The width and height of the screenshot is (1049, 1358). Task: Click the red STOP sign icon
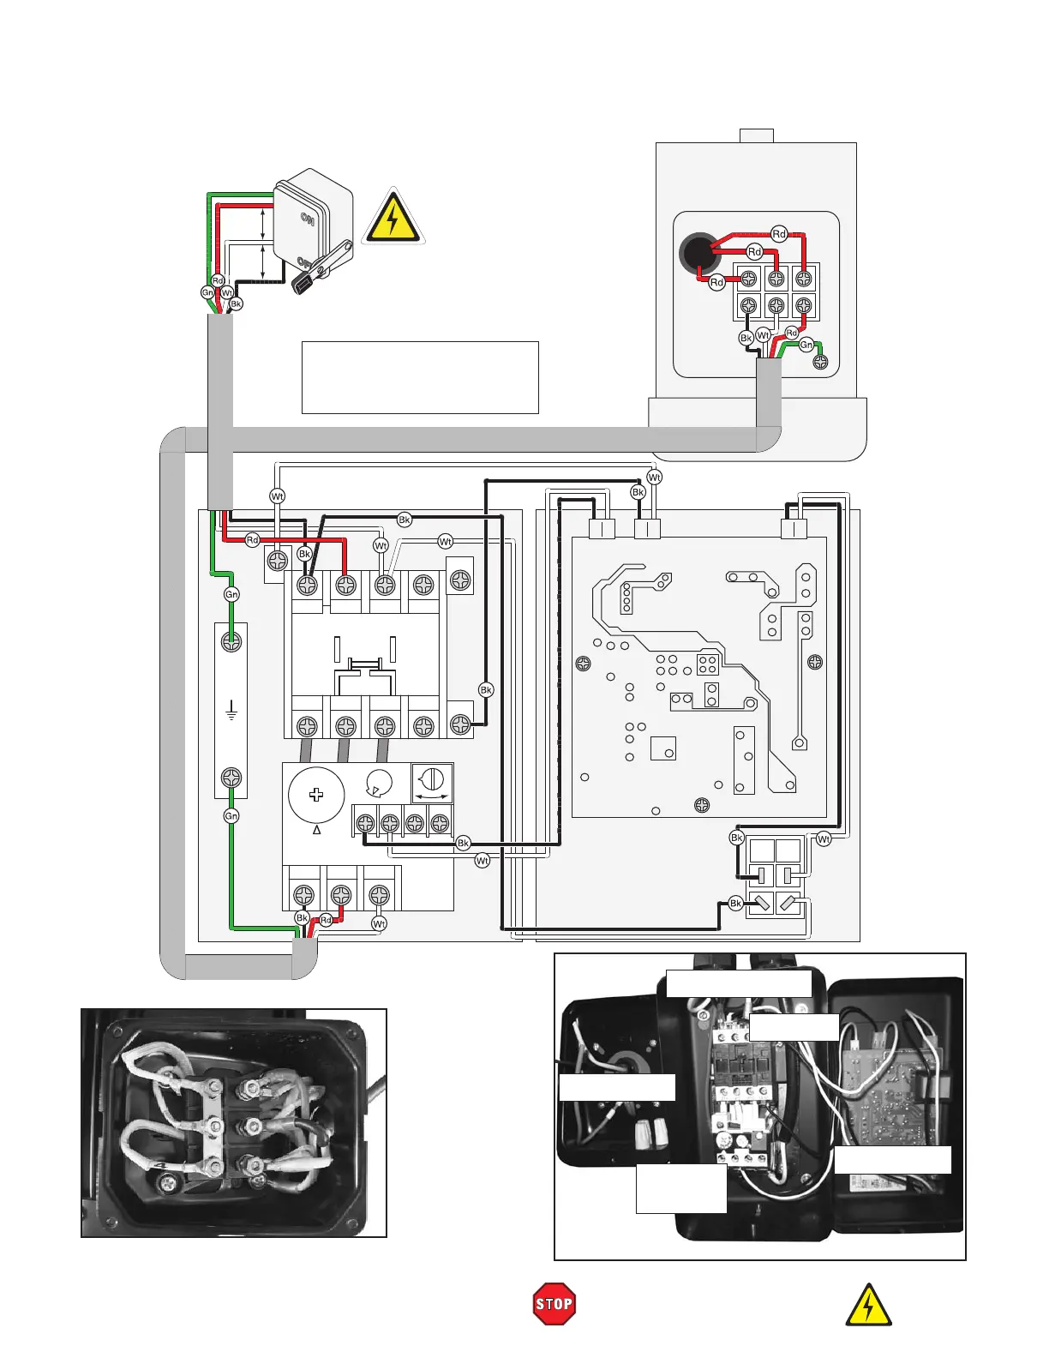(554, 1304)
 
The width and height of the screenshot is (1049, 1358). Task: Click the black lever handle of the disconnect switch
(321, 268)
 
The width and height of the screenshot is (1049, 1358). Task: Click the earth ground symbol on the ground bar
(231, 711)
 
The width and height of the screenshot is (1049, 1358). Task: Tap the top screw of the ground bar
(231, 641)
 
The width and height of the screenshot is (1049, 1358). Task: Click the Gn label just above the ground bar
(231, 594)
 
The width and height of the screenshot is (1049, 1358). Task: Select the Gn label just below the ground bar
(231, 816)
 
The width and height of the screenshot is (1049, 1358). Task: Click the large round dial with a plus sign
(316, 795)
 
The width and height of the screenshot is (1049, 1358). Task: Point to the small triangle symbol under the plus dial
(316, 830)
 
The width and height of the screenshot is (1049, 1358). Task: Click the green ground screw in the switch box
(820, 362)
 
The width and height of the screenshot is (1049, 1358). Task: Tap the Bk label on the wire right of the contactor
(486, 690)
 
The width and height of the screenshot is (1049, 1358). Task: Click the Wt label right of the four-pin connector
(824, 839)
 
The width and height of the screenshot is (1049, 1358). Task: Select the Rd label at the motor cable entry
(326, 921)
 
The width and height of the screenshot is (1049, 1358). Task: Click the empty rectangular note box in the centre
(420, 377)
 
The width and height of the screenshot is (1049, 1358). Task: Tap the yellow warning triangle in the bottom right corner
(868, 1306)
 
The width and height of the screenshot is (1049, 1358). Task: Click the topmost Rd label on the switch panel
(779, 234)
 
